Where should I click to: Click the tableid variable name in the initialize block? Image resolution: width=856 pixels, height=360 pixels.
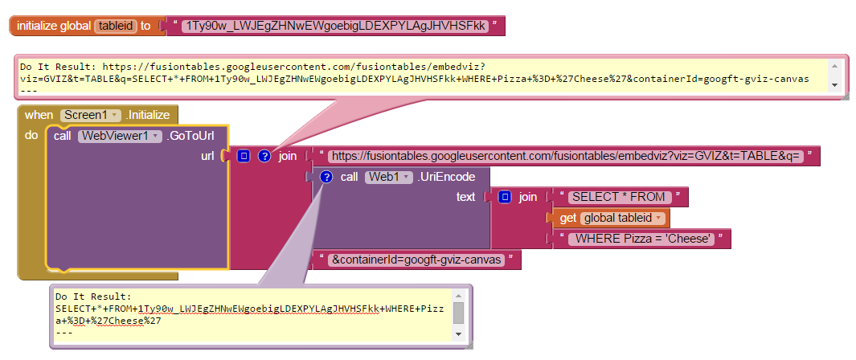pyautogui.click(x=117, y=26)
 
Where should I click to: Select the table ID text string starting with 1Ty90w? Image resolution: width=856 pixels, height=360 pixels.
pyautogui.click(x=335, y=26)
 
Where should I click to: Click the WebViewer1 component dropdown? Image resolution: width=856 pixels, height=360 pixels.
pyautogui.click(x=120, y=136)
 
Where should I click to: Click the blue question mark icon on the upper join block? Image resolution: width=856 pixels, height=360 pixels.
pyautogui.click(x=264, y=156)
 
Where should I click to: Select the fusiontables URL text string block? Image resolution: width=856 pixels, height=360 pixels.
pyautogui.click(x=566, y=156)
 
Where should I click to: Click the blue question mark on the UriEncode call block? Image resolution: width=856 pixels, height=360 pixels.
pyautogui.click(x=326, y=177)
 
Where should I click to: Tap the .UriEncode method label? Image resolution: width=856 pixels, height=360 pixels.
pyautogui.click(x=447, y=177)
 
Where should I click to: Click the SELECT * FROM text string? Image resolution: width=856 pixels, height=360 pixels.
pyautogui.click(x=617, y=197)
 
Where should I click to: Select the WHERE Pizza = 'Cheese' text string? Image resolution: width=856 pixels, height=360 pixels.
pyautogui.click(x=642, y=239)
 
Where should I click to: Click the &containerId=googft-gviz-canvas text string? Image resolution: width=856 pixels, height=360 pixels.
pyautogui.click(x=418, y=260)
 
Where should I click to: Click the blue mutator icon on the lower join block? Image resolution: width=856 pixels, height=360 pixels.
pyautogui.click(x=505, y=197)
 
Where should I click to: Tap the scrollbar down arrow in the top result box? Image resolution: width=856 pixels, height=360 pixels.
pyautogui.click(x=835, y=85)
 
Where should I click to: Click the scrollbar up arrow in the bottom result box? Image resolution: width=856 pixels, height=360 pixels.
pyautogui.click(x=458, y=295)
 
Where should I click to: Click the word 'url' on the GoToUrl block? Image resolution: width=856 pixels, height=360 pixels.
pyautogui.click(x=207, y=156)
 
